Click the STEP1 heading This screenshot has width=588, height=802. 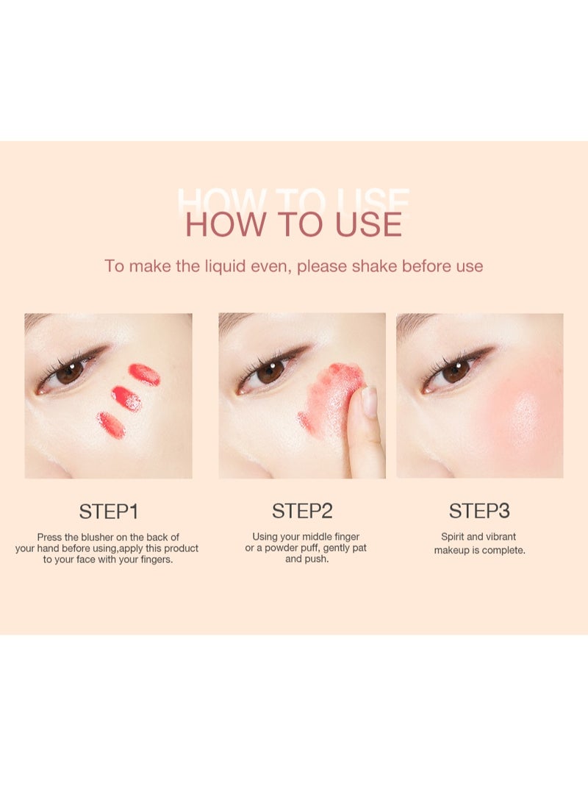(x=108, y=511)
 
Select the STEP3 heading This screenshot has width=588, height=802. (x=479, y=511)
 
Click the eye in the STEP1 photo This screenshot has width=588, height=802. (x=70, y=371)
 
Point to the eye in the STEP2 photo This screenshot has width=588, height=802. (x=270, y=370)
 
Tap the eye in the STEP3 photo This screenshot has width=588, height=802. (x=456, y=370)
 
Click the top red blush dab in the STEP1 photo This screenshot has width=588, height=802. (x=145, y=374)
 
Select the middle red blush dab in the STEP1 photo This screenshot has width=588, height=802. (x=126, y=398)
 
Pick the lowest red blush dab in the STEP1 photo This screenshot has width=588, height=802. (x=111, y=425)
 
